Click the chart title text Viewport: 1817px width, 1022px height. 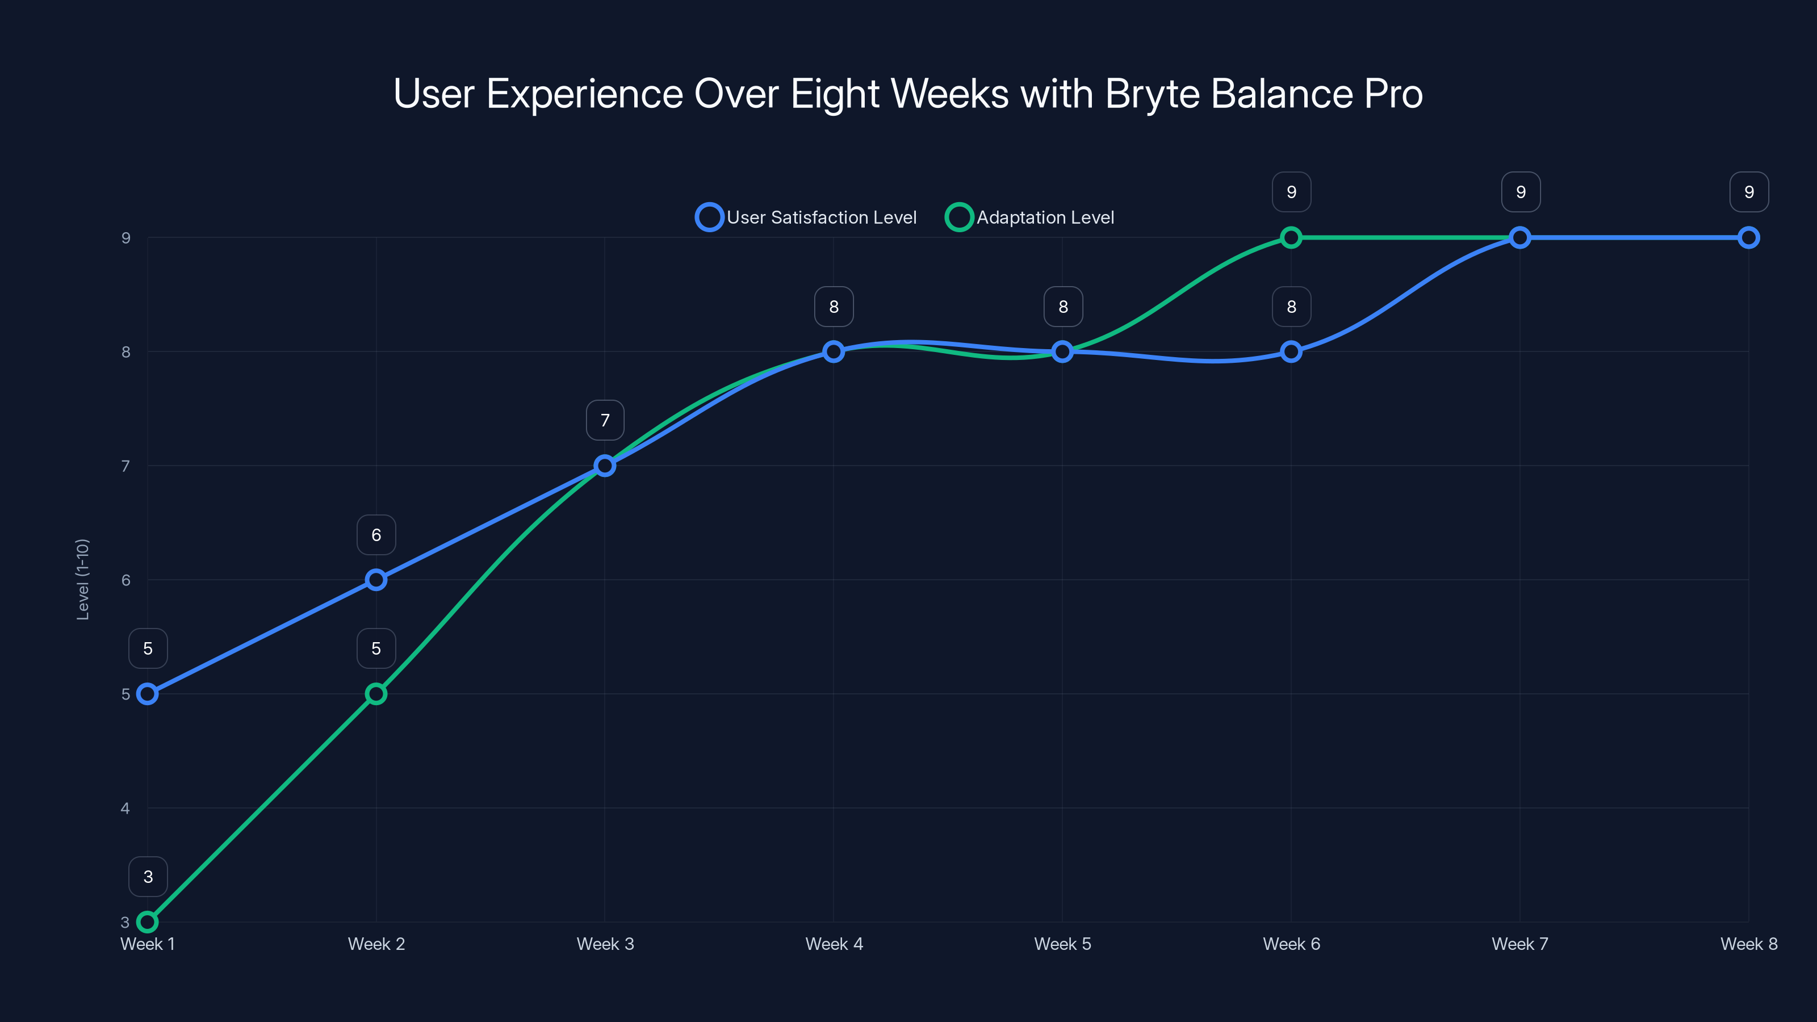tap(908, 94)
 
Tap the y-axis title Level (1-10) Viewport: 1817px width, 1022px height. tap(82, 579)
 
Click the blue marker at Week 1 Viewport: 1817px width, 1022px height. tap(148, 693)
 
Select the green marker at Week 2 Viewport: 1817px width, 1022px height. tap(376, 693)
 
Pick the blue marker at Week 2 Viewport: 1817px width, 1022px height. tap(376, 580)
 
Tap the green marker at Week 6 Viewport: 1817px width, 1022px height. tap(1291, 238)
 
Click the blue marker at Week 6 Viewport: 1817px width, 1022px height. tap(1291, 351)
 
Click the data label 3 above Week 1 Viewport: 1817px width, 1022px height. tap(148, 877)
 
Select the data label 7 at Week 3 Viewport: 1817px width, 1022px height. tap(605, 420)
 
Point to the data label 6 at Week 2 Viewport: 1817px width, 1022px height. tap(376, 535)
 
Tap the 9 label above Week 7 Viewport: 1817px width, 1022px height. tap(1521, 192)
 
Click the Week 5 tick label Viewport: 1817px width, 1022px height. tap(1062, 944)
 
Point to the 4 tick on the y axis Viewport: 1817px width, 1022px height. tap(125, 809)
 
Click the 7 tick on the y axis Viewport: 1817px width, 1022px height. tap(125, 466)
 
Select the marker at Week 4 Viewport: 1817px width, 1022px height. tap(834, 351)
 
